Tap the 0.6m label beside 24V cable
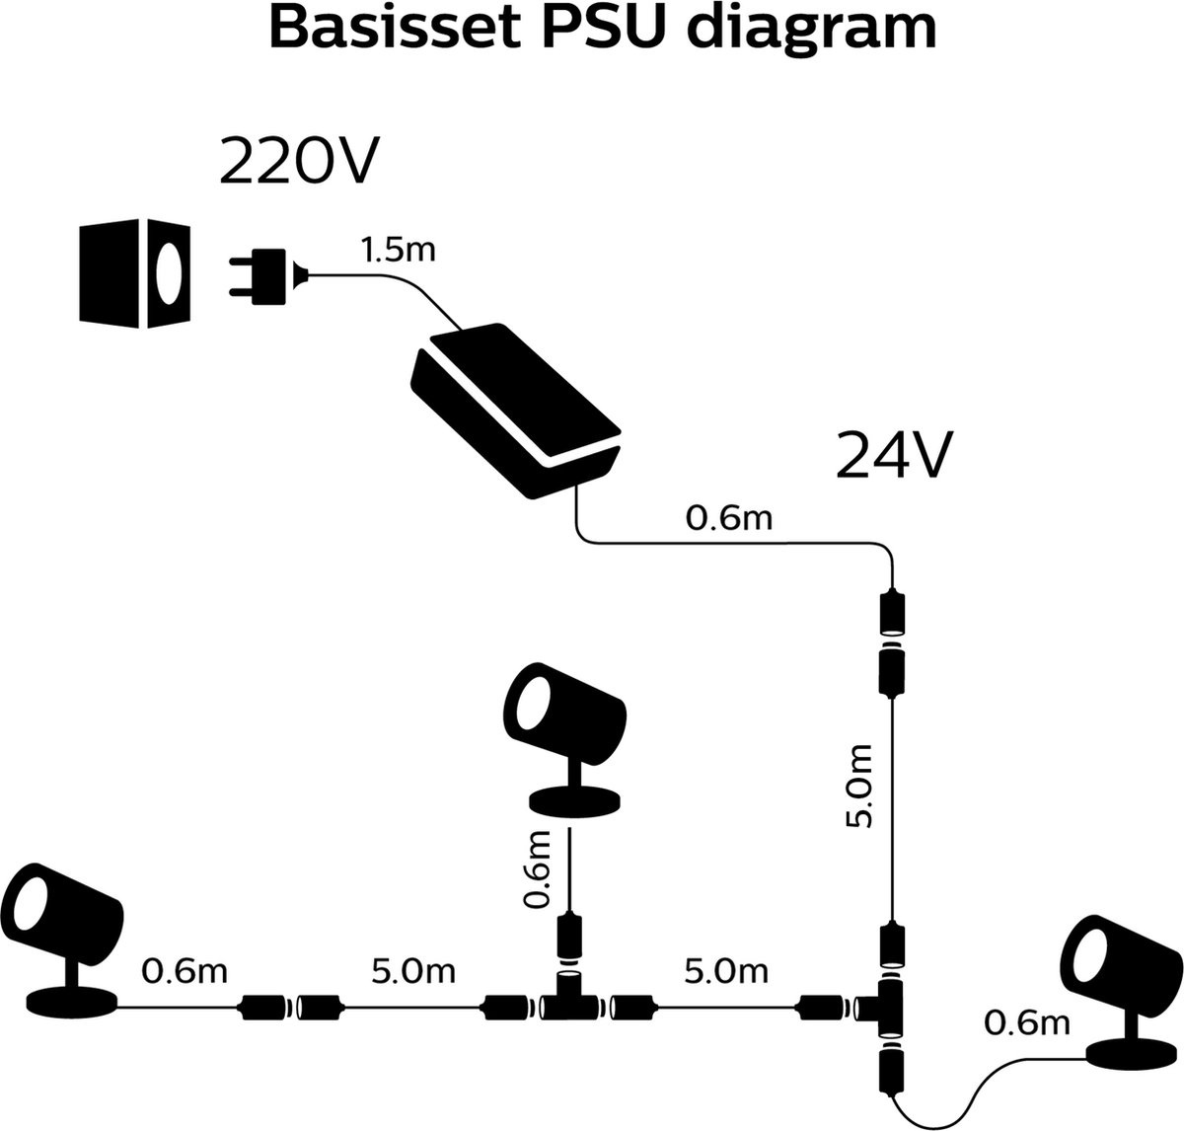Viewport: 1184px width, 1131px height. (729, 517)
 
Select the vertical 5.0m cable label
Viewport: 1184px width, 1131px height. (861, 787)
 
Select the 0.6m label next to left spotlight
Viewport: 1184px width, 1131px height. (185, 971)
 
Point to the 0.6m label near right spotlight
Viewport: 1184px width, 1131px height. (1027, 1023)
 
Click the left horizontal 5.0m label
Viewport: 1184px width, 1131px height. (412, 971)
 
